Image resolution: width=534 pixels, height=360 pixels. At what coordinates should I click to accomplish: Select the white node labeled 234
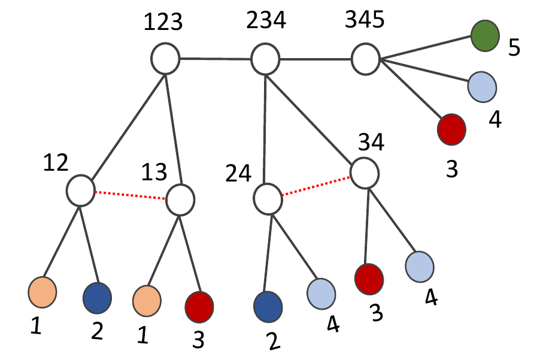[x=265, y=59]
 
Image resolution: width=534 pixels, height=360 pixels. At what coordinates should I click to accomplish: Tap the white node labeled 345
[x=365, y=59]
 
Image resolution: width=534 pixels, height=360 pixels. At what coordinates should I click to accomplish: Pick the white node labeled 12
[x=80, y=190]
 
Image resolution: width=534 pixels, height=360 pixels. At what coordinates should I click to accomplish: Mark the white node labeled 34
[x=365, y=173]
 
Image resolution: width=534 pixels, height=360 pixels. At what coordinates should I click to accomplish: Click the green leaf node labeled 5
[x=486, y=35]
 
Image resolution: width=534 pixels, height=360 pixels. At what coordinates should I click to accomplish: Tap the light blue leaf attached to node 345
[x=482, y=87]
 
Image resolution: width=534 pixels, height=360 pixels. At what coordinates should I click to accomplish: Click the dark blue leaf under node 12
[x=97, y=297]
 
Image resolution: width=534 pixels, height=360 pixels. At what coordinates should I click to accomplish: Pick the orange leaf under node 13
[x=147, y=299]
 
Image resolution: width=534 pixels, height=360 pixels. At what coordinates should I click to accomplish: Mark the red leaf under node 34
[x=369, y=279]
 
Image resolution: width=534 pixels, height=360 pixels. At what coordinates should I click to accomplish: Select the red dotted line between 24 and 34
[x=316, y=186]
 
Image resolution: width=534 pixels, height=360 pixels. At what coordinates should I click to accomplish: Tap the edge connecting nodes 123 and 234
[x=215, y=59]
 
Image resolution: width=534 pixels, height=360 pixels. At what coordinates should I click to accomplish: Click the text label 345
[x=366, y=22]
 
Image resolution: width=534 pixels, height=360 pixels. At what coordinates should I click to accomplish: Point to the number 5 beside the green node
[x=514, y=47]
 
